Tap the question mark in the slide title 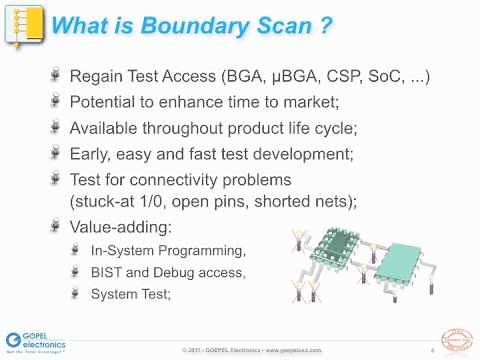point(326,30)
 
